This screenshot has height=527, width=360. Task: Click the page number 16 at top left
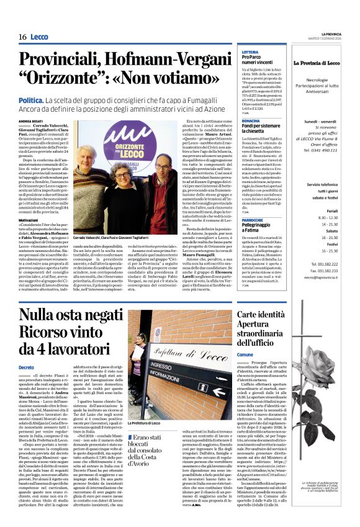tap(22, 37)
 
